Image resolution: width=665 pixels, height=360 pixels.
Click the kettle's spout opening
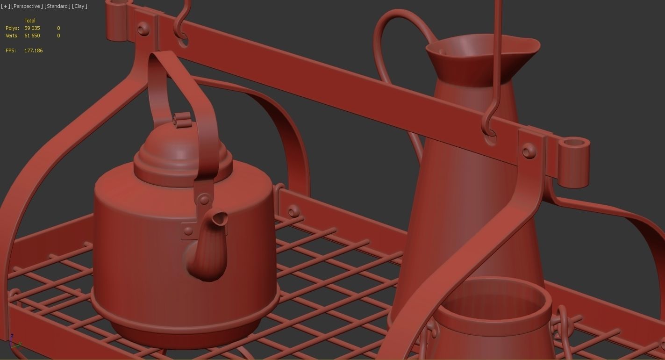(x=220, y=219)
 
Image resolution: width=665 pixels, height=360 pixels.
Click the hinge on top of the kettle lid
(x=182, y=119)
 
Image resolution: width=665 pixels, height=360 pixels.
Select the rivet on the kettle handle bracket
(x=205, y=200)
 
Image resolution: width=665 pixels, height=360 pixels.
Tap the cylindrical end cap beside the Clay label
(x=118, y=21)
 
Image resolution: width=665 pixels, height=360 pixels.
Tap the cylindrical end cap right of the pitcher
(x=574, y=161)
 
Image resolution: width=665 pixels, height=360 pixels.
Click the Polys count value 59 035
(x=32, y=28)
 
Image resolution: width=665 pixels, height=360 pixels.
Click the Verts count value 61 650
(x=32, y=36)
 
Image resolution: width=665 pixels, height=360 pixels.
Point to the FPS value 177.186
(x=34, y=50)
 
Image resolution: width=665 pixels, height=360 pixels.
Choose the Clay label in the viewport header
(x=79, y=6)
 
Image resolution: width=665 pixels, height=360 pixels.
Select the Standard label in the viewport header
(x=57, y=6)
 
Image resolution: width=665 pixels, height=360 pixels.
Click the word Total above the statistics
(x=30, y=21)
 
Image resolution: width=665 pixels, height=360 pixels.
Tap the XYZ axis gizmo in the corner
(x=14, y=344)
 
